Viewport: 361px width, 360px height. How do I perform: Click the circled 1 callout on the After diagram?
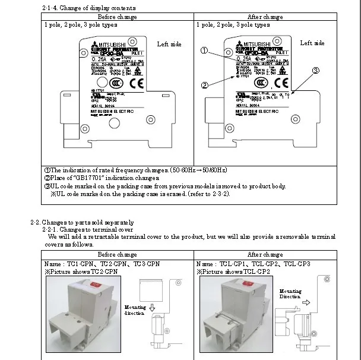point(204,51)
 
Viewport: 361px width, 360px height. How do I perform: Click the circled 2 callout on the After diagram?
point(205,85)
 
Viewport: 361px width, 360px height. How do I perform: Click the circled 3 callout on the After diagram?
point(316,71)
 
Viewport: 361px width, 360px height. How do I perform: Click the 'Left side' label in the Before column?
point(169,44)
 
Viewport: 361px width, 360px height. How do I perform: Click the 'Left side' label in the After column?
point(312,43)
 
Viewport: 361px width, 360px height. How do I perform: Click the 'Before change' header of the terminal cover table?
point(117,254)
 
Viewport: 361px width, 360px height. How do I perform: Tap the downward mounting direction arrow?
point(152,308)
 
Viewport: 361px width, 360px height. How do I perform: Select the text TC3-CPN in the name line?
point(146,263)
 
